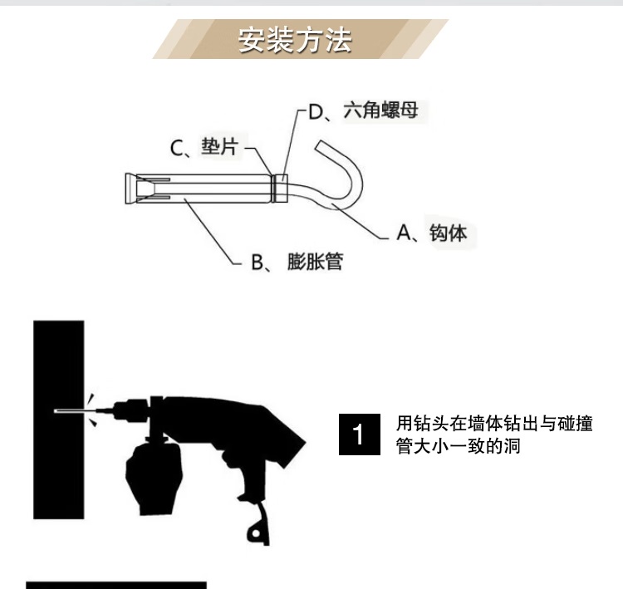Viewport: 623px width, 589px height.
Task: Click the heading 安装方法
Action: coord(295,41)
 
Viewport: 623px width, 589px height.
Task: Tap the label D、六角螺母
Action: coord(363,110)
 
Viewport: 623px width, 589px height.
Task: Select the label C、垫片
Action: coord(204,147)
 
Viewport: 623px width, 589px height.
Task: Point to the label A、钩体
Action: coord(431,233)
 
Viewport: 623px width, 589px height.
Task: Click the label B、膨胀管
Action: coord(297,262)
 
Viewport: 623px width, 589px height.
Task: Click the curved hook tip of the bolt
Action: coord(320,146)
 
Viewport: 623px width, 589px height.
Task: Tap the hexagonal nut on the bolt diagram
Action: coord(282,189)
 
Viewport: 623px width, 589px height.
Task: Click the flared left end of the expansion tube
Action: coord(130,189)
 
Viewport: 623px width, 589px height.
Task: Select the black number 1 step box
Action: coord(359,434)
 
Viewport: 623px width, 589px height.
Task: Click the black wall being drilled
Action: coord(59,420)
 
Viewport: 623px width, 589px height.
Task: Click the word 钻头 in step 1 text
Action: coord(431,424)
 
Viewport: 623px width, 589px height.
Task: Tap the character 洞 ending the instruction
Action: coord(513,446)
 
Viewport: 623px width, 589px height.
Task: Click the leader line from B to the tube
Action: coord(211,230)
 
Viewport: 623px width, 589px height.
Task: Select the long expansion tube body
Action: coord(204,189)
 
